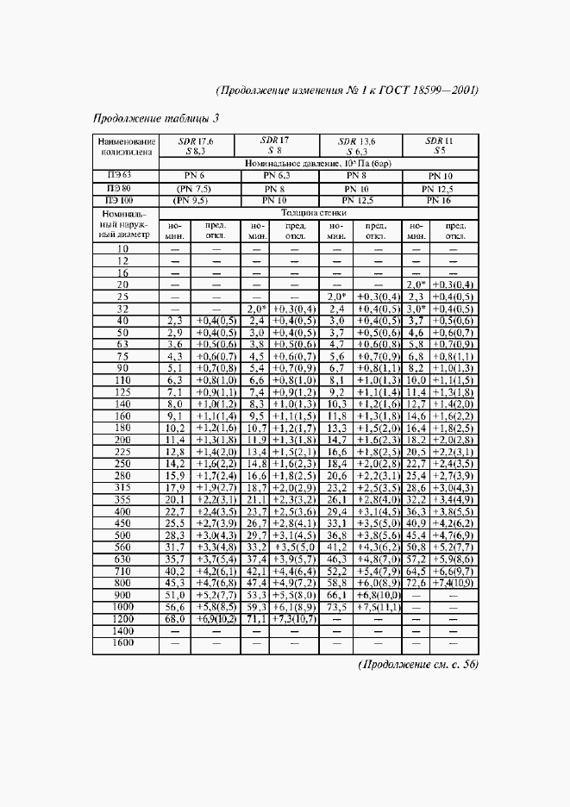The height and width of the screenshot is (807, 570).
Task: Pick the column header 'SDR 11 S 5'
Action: tap(438, 145)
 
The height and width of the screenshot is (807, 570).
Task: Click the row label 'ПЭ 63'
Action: tap(125, 175)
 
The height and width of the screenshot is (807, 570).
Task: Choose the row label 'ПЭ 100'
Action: tap(125, 199)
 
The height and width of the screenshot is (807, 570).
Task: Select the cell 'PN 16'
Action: tap(438, 199)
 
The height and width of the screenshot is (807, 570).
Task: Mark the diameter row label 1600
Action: tap(125, 642)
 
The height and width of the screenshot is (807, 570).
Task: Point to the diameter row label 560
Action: tap(125, 547)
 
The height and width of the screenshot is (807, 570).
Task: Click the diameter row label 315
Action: tap(125, 486)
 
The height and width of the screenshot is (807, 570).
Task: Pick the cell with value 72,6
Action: tap(417, 582)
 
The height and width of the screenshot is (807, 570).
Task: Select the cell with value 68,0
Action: tap(174, 618)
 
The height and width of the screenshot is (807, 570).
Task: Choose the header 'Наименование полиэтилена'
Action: tap(125, 145)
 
